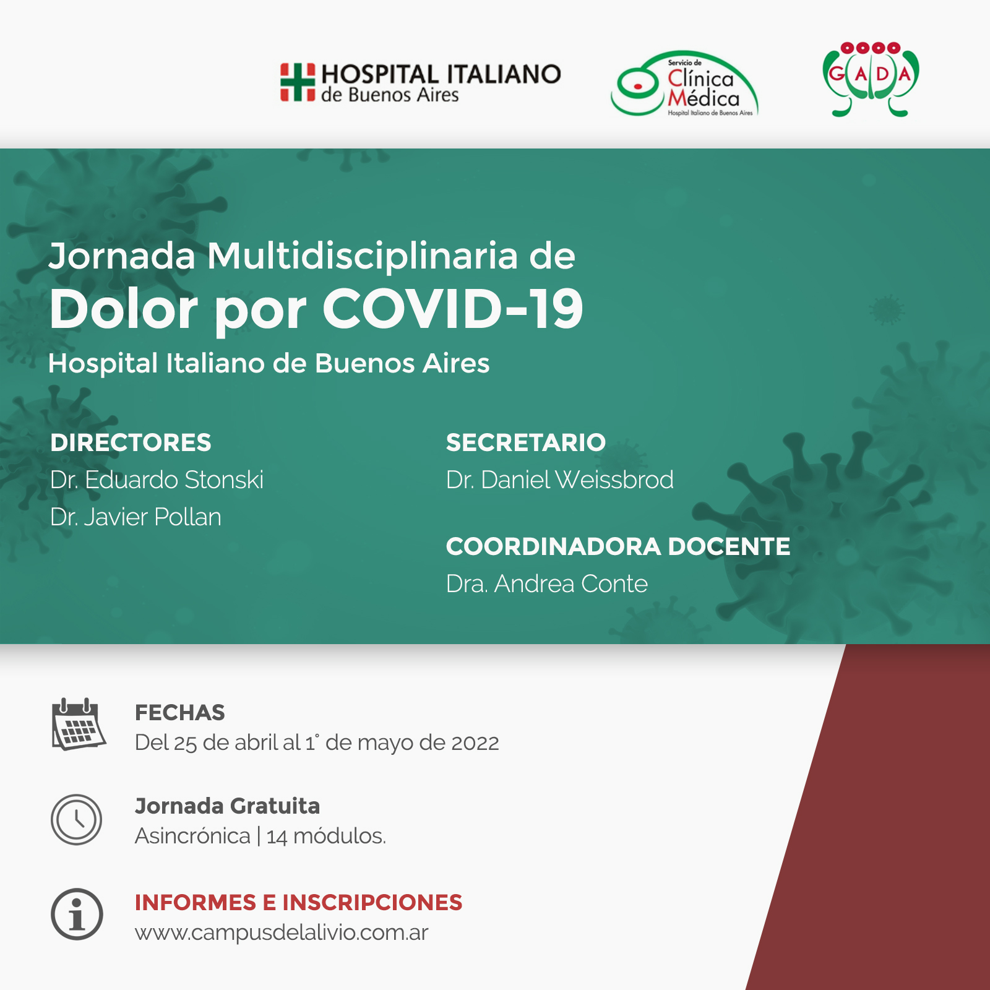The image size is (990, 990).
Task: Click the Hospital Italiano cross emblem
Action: point(298,82)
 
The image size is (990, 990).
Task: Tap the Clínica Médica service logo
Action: point(685,84)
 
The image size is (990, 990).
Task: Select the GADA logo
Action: point(871,79)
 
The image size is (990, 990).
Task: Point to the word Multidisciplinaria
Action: point(363,256)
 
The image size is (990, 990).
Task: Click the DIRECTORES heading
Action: point(131,442)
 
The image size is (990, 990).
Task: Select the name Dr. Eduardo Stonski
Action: point(157,480)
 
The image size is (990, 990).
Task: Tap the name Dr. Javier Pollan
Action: point(136,517)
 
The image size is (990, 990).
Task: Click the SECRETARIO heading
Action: point(526,442)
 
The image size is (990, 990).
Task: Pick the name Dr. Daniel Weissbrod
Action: point(560,480)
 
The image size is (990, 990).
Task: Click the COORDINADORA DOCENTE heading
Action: point(618,546)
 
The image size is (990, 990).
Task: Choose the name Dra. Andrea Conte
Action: point(547,583)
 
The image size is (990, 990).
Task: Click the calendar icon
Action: point(79,724)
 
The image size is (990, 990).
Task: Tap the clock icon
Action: point(77,820)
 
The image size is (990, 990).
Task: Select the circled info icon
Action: point(77,915)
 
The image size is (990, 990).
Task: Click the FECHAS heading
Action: point(180,713)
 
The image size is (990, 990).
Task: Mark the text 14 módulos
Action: point(326,836)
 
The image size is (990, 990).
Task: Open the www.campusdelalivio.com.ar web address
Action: point(282,932)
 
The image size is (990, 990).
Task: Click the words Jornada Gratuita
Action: point(227,806)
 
